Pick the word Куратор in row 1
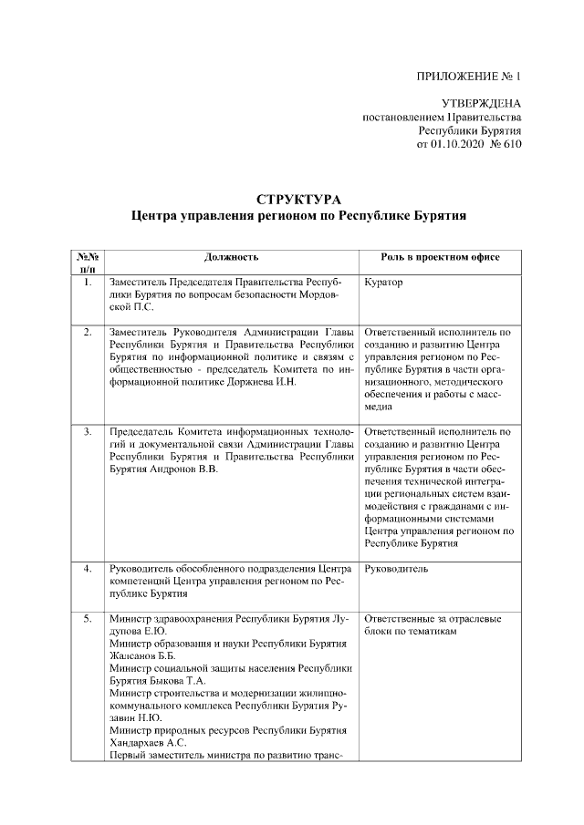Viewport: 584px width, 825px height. (383, 283)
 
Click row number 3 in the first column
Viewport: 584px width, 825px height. (87, 430)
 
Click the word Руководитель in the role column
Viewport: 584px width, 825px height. (396, 569)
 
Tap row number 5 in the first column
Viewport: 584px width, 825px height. (87, 620)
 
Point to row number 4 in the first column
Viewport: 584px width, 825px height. (87, 569)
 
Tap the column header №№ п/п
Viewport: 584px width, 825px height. (87, 263)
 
